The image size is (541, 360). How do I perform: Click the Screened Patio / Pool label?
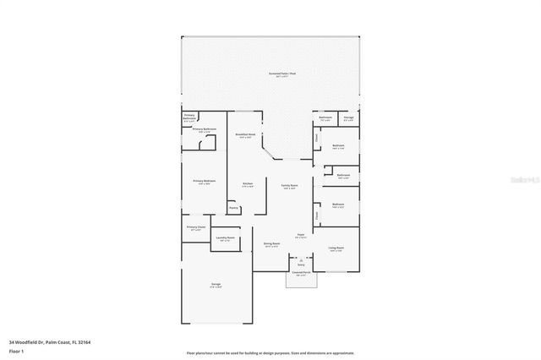282,74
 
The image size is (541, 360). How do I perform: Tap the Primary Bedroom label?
204,181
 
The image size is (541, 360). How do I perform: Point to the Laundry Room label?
225,238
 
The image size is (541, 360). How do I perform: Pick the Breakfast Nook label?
246,135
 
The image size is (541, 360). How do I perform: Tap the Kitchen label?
248,184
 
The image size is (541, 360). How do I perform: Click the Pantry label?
233,207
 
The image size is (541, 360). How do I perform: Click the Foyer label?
300,236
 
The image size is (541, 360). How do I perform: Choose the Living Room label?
336,248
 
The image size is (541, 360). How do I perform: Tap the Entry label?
300,265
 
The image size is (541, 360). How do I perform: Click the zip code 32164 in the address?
85,342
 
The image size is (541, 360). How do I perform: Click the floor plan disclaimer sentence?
270,352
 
